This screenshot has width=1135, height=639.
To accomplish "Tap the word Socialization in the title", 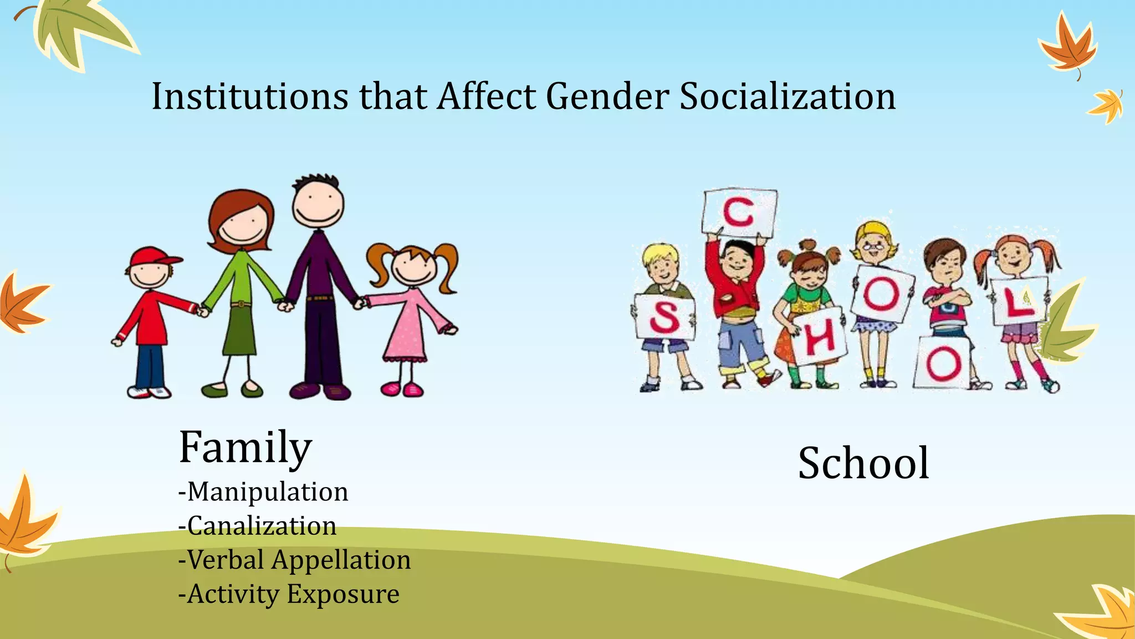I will click(788, 97).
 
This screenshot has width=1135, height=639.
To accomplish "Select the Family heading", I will click(246, 447).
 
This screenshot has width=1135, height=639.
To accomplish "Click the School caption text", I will click(863, 463).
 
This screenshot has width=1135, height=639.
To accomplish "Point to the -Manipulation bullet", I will click(263, 492).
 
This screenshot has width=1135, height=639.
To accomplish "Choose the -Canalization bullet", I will click(257, 526).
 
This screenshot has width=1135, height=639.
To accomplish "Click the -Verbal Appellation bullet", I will click(294, 560).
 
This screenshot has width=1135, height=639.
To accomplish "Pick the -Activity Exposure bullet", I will click(289, 594).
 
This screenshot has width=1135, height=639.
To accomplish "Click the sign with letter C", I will click(739, 212).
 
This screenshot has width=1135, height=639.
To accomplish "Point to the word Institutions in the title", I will click(250, 97).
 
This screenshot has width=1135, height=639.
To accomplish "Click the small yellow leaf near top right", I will click(1106, 106).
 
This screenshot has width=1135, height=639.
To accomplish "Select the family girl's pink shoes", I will click(402, 388).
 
